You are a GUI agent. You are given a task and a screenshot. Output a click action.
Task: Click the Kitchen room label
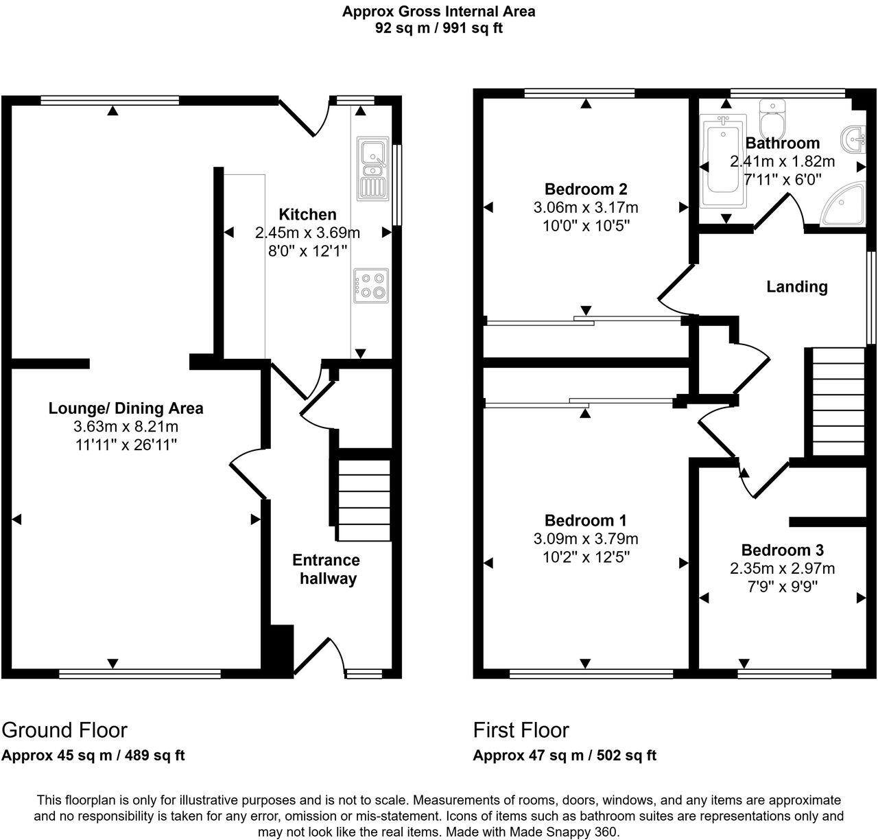pos(307,215)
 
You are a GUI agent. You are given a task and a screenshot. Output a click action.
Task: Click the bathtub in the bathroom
pos(722,164)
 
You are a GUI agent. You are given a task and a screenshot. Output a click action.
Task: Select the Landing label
pos(796,287)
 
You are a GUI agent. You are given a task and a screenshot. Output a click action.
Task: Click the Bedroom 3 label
pos(782,550)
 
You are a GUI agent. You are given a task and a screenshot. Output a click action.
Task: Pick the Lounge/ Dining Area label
pos(126,408)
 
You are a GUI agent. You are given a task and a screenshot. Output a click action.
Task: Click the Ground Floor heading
pos(64,730)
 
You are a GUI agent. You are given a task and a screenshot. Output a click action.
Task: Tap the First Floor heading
pos(521,730)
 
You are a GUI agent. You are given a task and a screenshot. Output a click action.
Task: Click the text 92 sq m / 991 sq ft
pos(439,28)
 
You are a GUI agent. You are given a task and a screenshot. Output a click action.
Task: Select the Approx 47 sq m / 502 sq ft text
pos(565,756)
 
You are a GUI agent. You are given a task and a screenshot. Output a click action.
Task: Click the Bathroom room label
pos(782,143)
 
